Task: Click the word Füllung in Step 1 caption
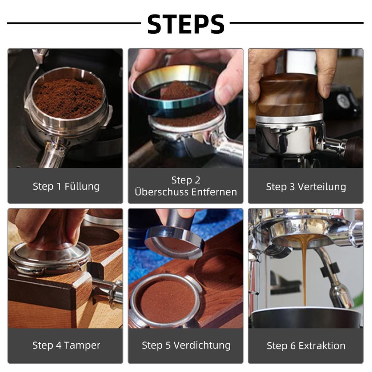(82, 186)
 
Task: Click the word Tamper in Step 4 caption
(83, 345)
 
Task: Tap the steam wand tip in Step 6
(341, 296)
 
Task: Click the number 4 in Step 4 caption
(58, 345)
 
